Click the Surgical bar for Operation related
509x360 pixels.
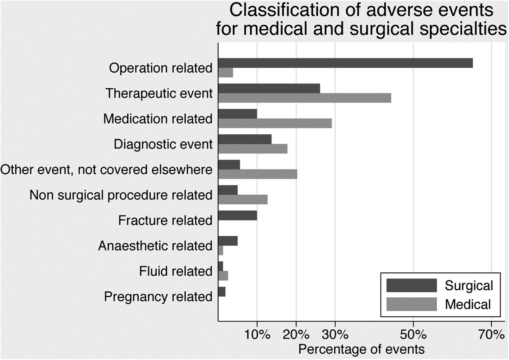tap(346, 63)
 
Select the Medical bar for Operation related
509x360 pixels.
tap(226, 72)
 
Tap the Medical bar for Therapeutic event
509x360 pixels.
tap(305, 98)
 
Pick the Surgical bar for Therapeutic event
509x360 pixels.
tap(269, 88)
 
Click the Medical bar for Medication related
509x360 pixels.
tap(275, 123)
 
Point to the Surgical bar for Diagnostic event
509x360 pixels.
tap(245, 139)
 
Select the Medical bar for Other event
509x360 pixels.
tap(258, 174)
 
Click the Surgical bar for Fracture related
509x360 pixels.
tap(238, 215)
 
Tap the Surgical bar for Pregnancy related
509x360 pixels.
tap(222, 292)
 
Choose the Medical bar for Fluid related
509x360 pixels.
tap(223, 276)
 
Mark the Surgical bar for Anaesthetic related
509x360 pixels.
tap(228, 241)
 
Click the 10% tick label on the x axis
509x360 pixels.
tap(257, 335)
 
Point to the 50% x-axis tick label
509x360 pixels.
tap(413, 335)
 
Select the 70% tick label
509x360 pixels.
tap(491, 335)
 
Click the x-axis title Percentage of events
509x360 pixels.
tap(361, 349)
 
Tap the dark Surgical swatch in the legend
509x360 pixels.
tap(412, 285)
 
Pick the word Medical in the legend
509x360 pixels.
tap(468, 304)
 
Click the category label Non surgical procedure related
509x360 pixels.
tap(121, 195)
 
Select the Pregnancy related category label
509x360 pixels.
tap(158, 297)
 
